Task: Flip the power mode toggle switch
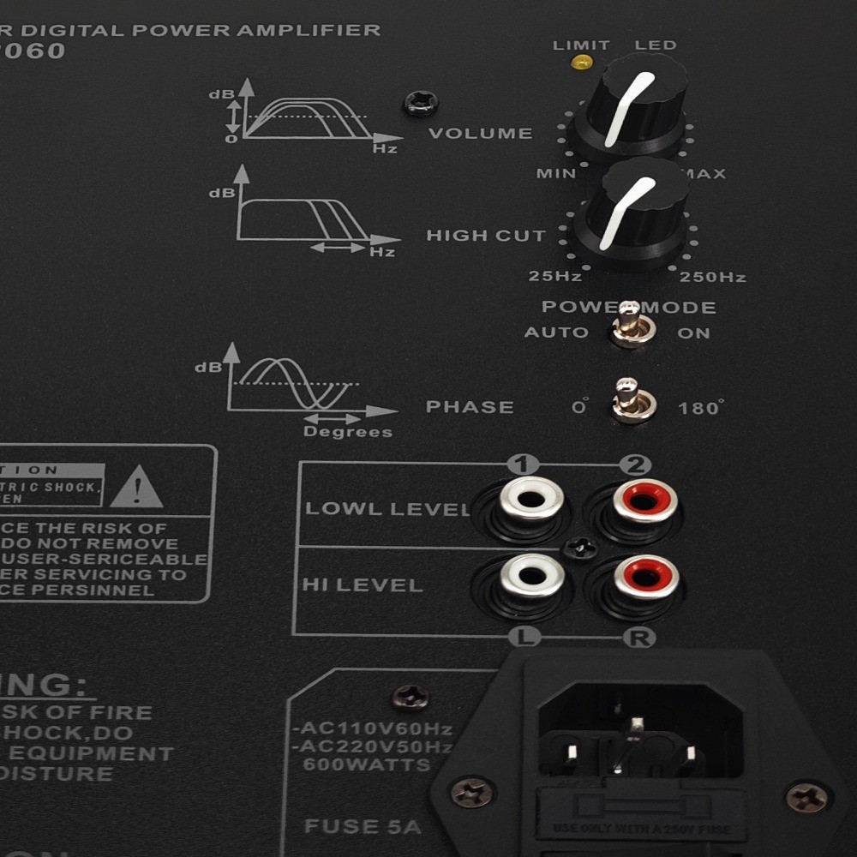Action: pos(632,326)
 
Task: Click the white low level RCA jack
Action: pos(532,500)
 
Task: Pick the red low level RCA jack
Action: pos(644,500)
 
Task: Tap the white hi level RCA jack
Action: pos(532,575)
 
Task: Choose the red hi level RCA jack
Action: pos(645,577)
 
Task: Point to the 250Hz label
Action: pos(712,277)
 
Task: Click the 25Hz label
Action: pos(554,277)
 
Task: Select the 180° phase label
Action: pos(700,408)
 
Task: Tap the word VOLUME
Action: pos(480,133)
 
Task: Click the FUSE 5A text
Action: pos(363,826)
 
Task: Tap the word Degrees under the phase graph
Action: pos(347,432)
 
